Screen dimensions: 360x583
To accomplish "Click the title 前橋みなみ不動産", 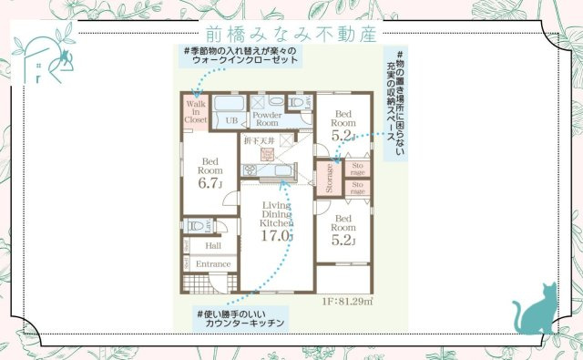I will point(291,34).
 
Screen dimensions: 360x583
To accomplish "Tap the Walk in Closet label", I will point(196,108).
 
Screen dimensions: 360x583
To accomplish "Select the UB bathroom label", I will point(231,120).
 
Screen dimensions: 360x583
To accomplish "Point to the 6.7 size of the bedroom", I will point(210,182).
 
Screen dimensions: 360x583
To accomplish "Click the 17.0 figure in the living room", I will point(275,235).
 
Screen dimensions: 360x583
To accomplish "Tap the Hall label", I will point(212,245).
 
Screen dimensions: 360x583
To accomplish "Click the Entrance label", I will point(213,264).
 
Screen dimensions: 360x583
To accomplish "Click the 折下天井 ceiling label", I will point(260,141).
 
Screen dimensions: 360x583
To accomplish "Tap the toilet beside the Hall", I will point(195,225).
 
